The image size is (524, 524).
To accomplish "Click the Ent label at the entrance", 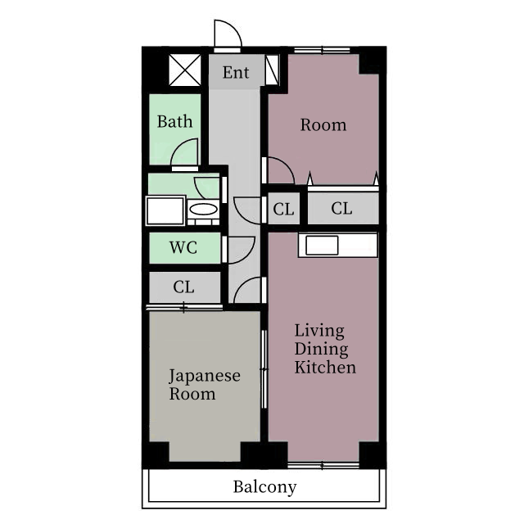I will tap(236, 74).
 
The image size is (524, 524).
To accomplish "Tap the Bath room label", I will tap(174, 122).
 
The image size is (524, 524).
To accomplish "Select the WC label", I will tap(183, 248).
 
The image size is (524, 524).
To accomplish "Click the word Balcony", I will tap(264, 487).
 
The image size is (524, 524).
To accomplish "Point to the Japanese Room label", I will tap(205, 385).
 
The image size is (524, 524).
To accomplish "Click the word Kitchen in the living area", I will tap(325, 368).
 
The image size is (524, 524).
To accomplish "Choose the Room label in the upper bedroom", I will tap(323, 125).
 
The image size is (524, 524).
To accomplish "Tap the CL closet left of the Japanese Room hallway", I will tap(183, 287).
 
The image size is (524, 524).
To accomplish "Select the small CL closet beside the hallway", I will tap(283, 209).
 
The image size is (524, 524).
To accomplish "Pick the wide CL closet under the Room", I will tap(342, 209).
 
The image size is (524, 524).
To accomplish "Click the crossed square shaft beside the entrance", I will tap(184, 70).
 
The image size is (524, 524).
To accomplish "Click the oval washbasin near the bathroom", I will tap(202, 210).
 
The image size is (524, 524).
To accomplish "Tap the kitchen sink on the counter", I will tap(323, 245).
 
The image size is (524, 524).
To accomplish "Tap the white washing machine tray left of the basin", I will tap(165, 210).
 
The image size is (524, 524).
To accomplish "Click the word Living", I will tap(319, 332).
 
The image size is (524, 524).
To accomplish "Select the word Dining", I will tap(322, 350).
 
